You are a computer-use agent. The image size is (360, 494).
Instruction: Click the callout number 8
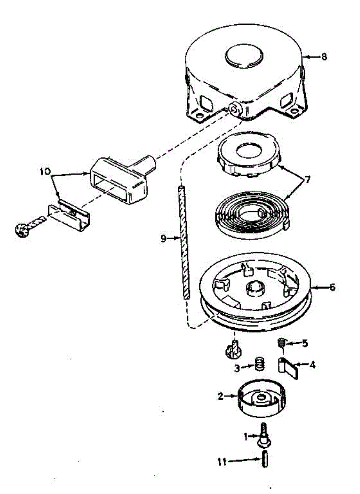pos(324,57)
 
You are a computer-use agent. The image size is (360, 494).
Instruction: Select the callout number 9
pos(163,238)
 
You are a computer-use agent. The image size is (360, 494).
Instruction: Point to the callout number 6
pos(332,287)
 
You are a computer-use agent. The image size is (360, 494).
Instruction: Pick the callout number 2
pos(221,396)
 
